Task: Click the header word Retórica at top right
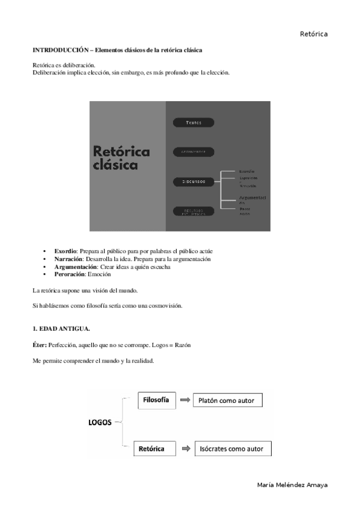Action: coord(314,34)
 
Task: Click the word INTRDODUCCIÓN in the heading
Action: coord(56,50)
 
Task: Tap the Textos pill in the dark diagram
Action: coord(194,123)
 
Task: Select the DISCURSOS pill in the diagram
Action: coord(194,181)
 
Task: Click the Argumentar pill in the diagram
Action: coord(194,152)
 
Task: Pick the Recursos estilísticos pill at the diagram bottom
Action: coord(194,211)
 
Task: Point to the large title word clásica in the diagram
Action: coord(115,165)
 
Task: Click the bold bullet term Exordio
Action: coord(66,251)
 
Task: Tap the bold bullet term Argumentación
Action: coord(75,266)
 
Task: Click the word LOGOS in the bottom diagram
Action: coord(100,423)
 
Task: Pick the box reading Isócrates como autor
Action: coord(232,449)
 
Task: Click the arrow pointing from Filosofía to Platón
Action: coord(185,400)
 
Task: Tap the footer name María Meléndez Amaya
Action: coord(292,485)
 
